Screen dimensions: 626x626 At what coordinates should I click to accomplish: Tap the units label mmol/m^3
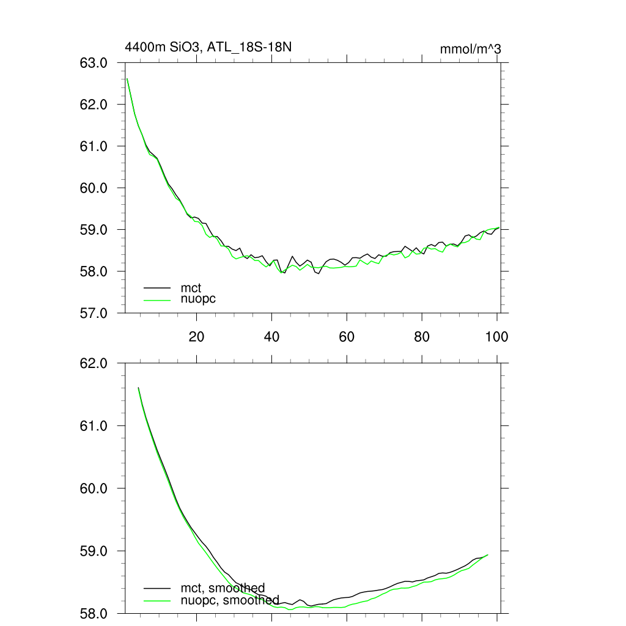coord(470,49)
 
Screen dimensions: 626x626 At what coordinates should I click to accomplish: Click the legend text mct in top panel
coord(191,287)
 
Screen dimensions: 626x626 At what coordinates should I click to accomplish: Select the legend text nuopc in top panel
coord(198,299)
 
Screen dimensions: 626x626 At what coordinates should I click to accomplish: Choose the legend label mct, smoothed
coord(223,588)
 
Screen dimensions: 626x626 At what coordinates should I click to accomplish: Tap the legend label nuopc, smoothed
coord(230,600)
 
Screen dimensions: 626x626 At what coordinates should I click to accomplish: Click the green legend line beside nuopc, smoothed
coord(157,600)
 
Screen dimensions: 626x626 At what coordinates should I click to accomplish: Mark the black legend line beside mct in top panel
coord(157,287)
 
